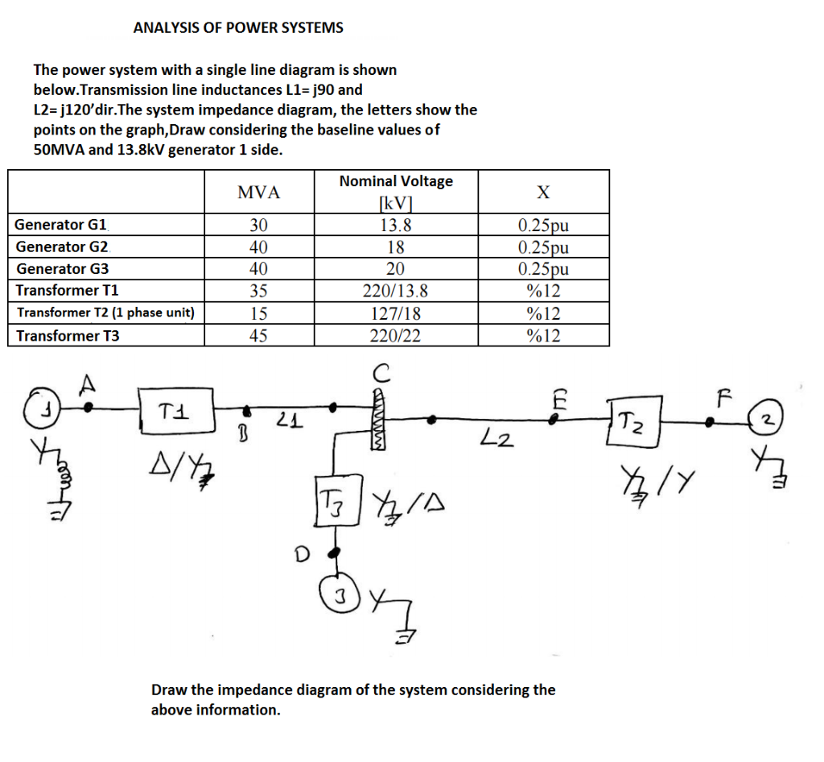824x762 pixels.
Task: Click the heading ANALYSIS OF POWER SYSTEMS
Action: pos(238,27)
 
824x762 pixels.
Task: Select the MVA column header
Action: pos(259,193)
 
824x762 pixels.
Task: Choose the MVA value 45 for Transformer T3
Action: pos(258,336)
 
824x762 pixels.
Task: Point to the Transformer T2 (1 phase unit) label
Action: pos(105,313)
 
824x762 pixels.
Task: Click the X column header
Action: pos(543,193)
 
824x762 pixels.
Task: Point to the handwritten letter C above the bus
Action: pos(381,372)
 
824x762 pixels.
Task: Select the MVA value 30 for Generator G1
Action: pos(258,225)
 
